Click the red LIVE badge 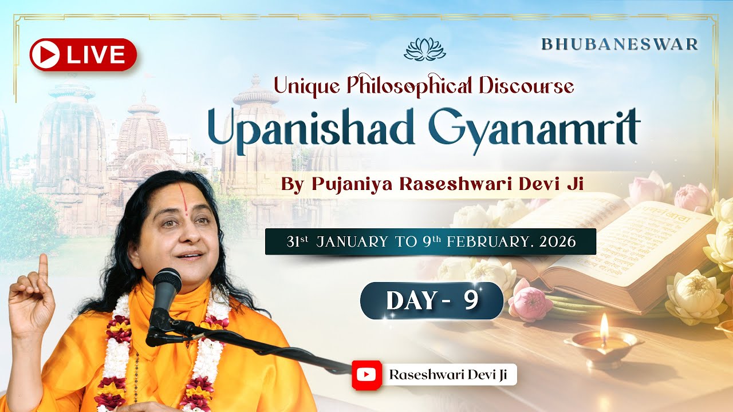point(83,54)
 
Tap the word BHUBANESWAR point(620,45)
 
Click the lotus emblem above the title point(424,50)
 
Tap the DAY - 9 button point(432,300)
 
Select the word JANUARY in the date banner point(352,241)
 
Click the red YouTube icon point(366,375)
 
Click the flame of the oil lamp point(603,323)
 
